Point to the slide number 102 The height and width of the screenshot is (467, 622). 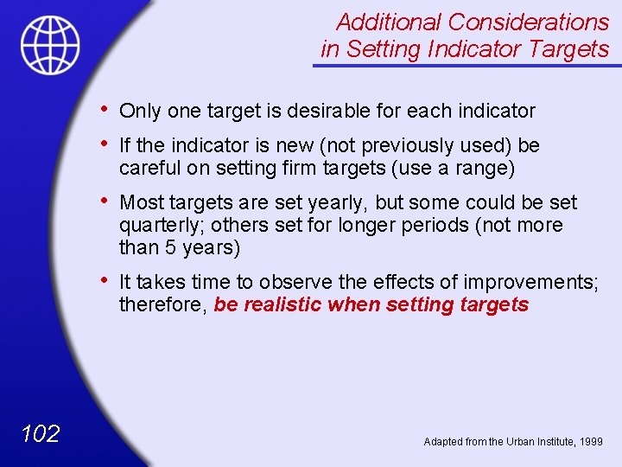pyautogui.click(x=40, y=433)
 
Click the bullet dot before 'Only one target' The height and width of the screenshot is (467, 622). pyautogui.click(x=104, y=108)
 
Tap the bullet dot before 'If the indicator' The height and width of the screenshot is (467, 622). pyautogui.click(x=104, y=144)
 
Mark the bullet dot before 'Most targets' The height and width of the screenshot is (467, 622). pyautogui.click(x=104, y=201)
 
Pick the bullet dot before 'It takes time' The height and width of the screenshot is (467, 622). pyautogui.click(x=104, y=280)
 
